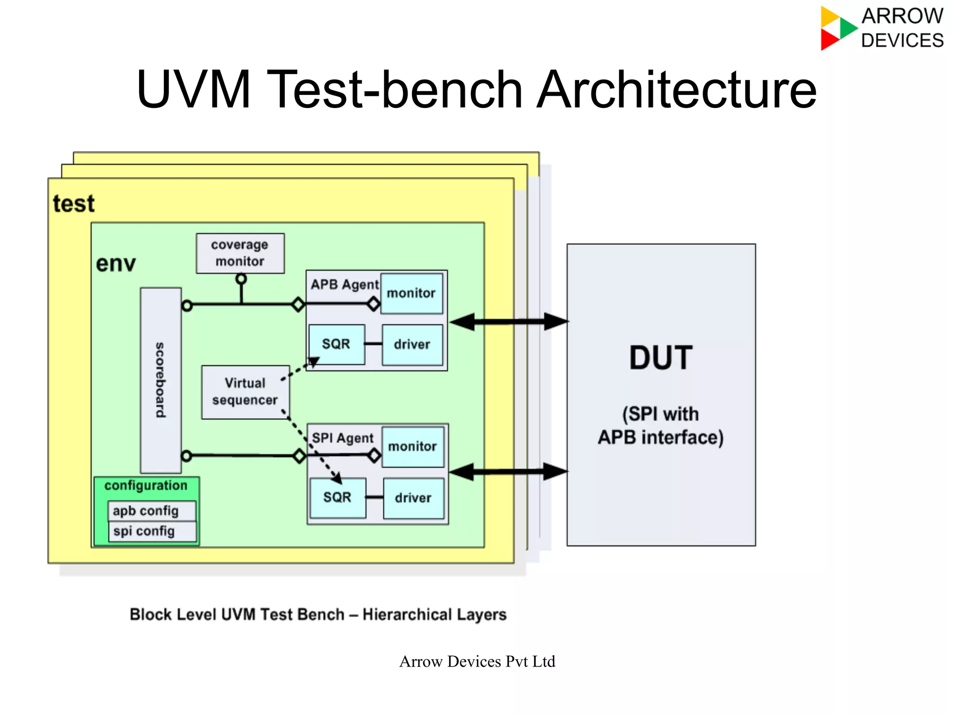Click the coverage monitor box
pos(240,253)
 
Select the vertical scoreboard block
pos(161,380)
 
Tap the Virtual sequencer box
pos(245,392)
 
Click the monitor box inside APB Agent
pos(411,293)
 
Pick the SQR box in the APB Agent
pos(336,344)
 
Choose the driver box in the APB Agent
pos(412,345)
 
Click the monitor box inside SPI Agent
pos(413,447)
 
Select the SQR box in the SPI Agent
pos(338,498)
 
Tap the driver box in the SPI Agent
pos(413,498)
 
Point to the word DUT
pos(661,358)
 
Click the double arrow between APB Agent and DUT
pos(509,321)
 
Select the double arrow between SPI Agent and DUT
pos(509,472)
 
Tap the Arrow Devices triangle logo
pos(837,28)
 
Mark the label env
pos(116,264)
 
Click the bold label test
pos(74,204)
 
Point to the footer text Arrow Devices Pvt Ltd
pos(477,662)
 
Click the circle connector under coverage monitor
pos(241,279)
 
